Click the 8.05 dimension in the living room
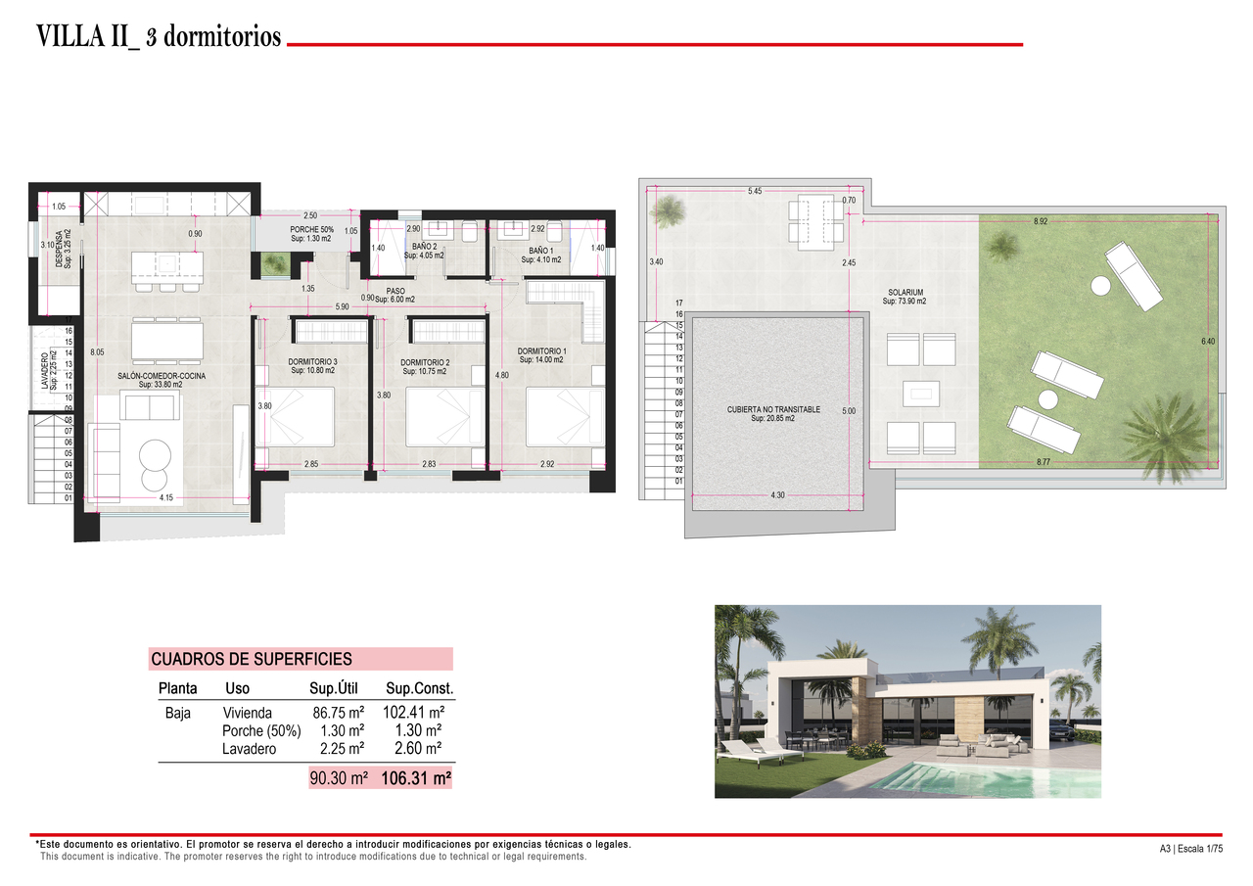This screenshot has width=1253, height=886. [96, 352]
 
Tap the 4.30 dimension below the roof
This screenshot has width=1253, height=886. [777, 495]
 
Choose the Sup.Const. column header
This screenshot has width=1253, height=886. [420, 689]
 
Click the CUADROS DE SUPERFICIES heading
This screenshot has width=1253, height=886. [252, 659]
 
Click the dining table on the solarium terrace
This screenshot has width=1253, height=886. [814, 219]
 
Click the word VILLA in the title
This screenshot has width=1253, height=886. [70, 38]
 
